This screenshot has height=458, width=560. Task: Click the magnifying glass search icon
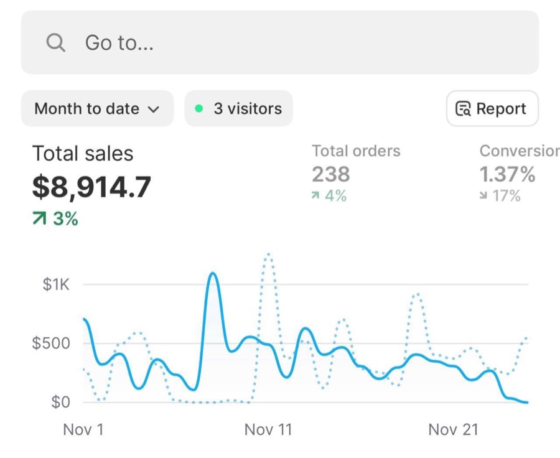[56, 43]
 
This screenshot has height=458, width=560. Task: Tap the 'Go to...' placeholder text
[119, 43]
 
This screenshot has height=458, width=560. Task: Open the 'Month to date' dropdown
[98, 109]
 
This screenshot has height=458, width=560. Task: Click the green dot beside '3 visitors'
[199, 108]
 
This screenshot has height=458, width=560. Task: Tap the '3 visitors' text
[248, 109]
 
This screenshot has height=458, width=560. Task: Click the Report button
[493, 109]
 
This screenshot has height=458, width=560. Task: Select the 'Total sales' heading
[83, 154]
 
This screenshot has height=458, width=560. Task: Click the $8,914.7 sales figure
[92, 187]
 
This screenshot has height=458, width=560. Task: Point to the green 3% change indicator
[55, 218]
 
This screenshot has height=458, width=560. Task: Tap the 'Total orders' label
[356, 151]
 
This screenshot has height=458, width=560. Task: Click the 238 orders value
[331, 174]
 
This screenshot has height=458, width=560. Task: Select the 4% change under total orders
[329, 196]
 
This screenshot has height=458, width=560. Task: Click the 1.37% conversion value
[507, 174]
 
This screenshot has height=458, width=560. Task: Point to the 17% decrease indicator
[500, 196]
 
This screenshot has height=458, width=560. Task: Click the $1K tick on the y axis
[56, 284]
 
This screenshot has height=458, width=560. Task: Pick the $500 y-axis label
[51, 343]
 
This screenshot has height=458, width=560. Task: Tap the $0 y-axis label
[61, 402]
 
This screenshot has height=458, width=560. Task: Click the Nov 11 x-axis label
[268, 429]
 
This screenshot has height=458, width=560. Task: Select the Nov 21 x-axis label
[453, 429]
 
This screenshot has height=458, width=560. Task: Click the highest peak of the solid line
[213, 273]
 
